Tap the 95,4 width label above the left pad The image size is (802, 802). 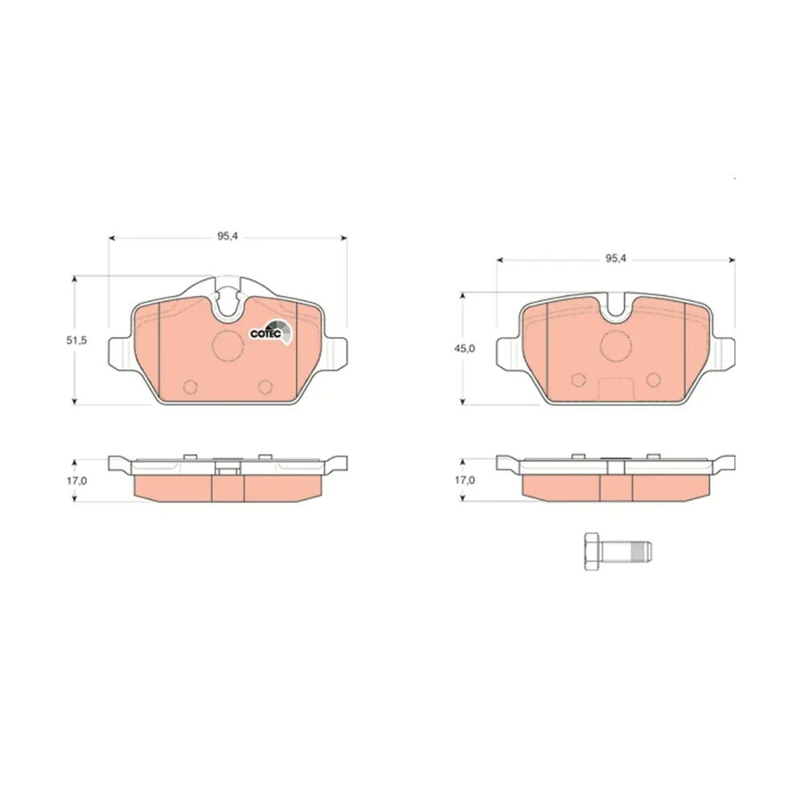[228, 236]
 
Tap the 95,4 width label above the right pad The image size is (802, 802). [616, 259]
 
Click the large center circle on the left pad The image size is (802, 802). [228, 345]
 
